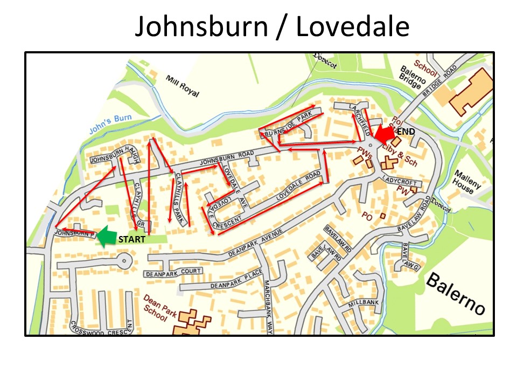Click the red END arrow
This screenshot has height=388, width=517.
(386, 133)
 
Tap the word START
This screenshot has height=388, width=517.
(131, 239)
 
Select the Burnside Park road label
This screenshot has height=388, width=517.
(293, 123)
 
